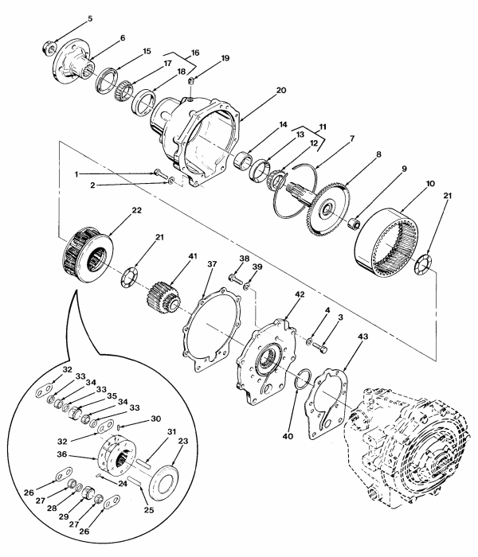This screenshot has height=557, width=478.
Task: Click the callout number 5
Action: coord(90,18)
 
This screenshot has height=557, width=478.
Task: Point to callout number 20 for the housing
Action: coord(281,90)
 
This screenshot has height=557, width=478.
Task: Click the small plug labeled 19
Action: coord(191,81)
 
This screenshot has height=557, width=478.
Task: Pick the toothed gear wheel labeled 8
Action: coord(329,208)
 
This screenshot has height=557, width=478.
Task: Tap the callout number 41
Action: coord(193,255)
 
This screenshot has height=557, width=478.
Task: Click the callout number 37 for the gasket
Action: coord(212,263)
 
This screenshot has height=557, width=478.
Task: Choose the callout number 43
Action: coord(363,336)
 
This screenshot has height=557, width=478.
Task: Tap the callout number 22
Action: coord(136,210)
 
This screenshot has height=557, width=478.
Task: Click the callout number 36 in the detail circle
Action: coord(61,454)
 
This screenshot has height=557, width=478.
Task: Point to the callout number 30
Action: coord(156,419)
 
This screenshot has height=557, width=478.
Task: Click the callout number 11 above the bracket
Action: coord(322,127)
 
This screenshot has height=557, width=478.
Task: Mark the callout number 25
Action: coord(149,510)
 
